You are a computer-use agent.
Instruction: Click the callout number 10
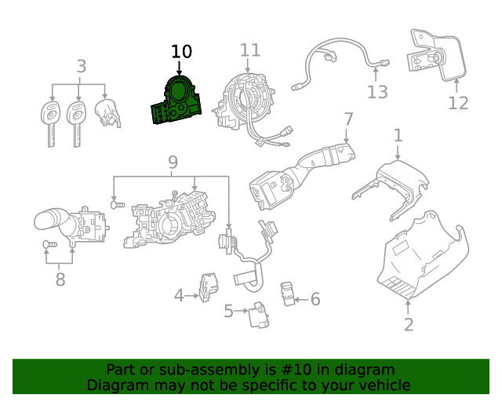point(181,52)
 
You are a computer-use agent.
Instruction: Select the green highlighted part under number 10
point(177,101)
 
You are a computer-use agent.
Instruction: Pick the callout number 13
point(377,93)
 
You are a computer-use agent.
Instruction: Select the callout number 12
point(458,103)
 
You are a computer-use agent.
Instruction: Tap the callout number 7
point(348,120)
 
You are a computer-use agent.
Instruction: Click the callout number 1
point(398,135)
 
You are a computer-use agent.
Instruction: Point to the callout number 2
point(408,324)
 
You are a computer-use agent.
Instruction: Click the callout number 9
point(173,163)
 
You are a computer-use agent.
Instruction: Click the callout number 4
point(179,296)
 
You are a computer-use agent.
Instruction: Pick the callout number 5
point(228,312)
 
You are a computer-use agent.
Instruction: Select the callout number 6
point(315,299)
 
